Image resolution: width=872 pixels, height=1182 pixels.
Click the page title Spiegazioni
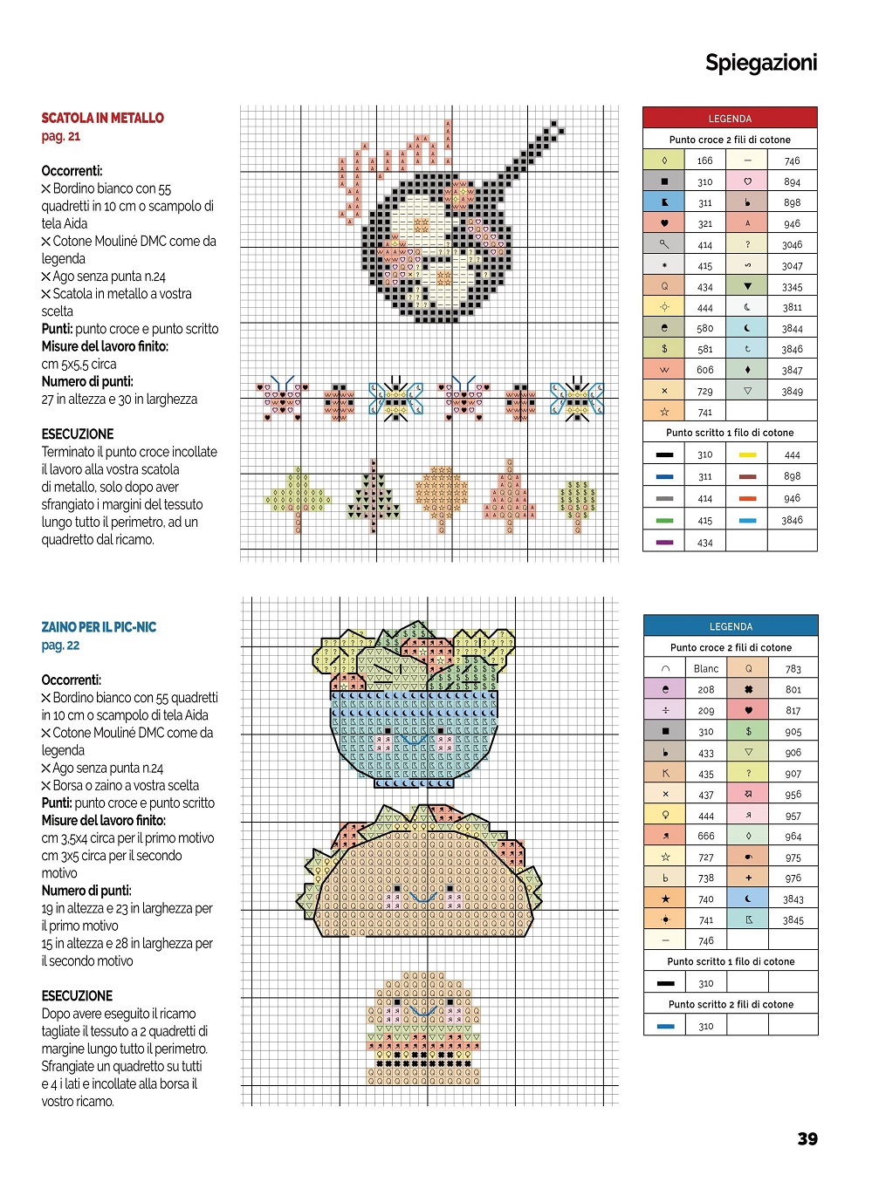pyautogui.click(x=761, y=63)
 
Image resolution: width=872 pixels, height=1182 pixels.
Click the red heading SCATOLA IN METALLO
pyautogui.click(x=102, y=118)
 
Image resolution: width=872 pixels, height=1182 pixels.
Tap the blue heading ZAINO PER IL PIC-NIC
pyautogui.click(x=99, y=627)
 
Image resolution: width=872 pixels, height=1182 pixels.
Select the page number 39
pyautogui.click(x=807, y=1138)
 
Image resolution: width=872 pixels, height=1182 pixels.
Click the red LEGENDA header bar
pyautogui.click(x=730, y=119)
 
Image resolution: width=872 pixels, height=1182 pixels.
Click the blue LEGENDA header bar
pyautogui.click(x=731, y=626)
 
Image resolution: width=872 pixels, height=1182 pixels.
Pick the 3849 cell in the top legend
pyautogui.click(x=792, y=391)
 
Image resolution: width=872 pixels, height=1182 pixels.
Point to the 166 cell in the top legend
pyautogui.click(x=705, y=161)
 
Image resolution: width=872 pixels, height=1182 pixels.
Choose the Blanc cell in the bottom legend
pyautogui.click(x=706, y=668)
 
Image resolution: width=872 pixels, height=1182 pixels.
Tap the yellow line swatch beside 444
pyautogui.click(x=747, y=454)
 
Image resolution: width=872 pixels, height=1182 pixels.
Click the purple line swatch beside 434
pyautogui.click(x=664, y=543)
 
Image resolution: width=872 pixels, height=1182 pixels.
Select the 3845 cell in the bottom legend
pyautogui.click(x=793, y=919)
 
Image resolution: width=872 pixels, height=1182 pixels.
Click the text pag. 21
pyautogui.click(x=61, y=136)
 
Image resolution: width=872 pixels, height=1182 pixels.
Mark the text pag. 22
pyautogui.click(x=60, y=646)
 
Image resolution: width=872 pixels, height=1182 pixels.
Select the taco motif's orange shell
pyautogui.click(x=419, y=881)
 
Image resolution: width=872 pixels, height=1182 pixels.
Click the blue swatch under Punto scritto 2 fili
pyautogui.click(x=665, y=1026)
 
